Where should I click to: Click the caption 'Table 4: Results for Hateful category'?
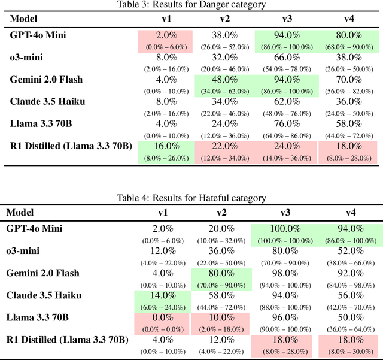pos(191,198)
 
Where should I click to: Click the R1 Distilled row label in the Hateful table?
pos(67,340)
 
